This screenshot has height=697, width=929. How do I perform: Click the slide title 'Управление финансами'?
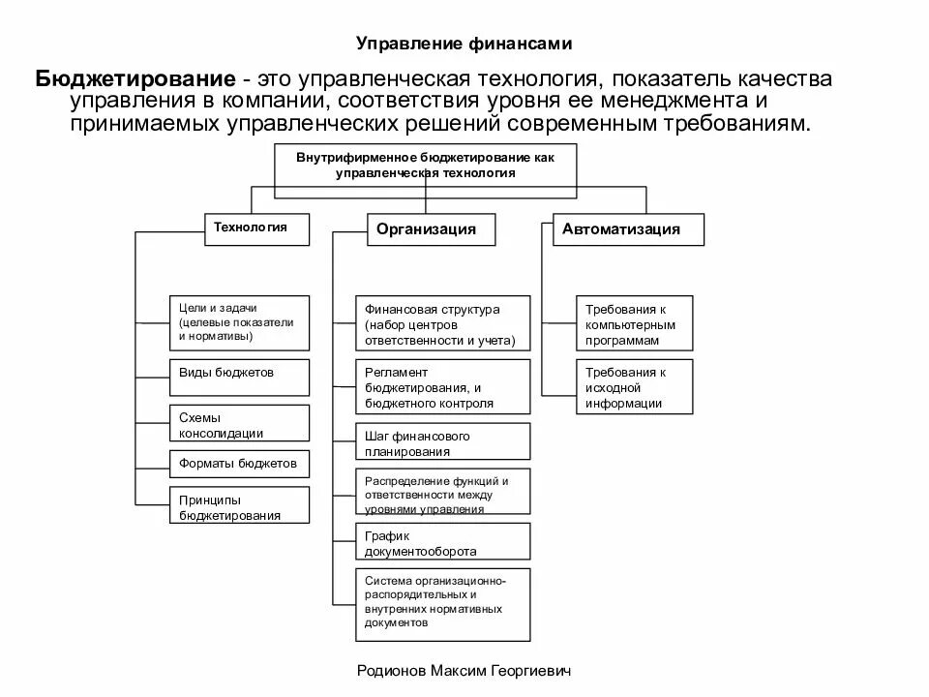[x=464, y=43]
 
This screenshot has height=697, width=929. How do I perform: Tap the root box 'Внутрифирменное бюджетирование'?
[x=426, y=165]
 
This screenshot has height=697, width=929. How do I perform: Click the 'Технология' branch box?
[x=257, y=228]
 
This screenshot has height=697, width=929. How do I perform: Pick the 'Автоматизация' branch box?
[x=628, y=229]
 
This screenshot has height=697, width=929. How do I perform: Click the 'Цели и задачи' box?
[x=239, y=322]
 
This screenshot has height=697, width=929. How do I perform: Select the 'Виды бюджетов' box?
[x=239, y=375]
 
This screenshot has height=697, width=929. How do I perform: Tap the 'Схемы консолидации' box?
[x=239, y=424]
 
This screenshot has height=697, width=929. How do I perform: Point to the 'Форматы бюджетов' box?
[x=239, y=464]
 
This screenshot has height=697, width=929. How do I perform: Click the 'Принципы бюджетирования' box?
[x=239, y=506]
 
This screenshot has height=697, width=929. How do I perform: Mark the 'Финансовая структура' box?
[x=442, y=323]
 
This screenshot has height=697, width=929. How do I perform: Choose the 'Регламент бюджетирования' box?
[x=442, y=387]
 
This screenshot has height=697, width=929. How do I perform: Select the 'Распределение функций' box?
[x=442, y=493]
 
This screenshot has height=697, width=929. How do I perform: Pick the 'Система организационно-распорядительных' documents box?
[x=442, y=604]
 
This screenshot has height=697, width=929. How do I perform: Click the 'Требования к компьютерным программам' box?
[x=635, y=323]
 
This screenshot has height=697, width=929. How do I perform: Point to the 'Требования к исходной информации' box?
[x=635, y=387]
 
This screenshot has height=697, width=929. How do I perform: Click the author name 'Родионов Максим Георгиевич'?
[x=464, y=670]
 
